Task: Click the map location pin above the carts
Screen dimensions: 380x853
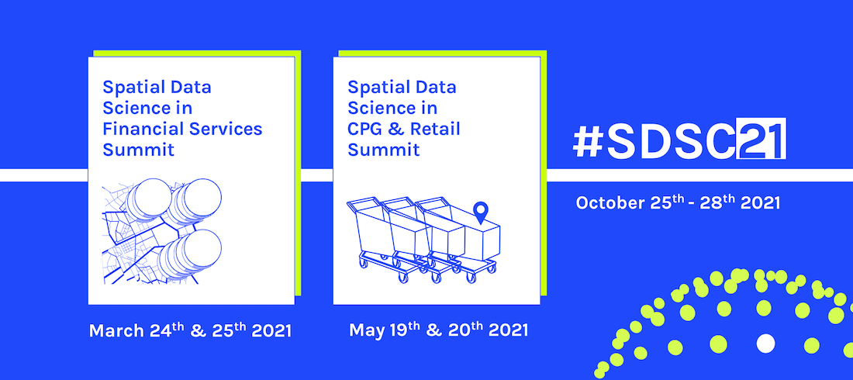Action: pyautogui.click(x=481, y=210)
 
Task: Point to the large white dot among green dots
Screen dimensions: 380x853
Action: pyautogui.click(x=765, y=342)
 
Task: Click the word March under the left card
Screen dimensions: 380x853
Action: pyautogui.click(x=117, y=330)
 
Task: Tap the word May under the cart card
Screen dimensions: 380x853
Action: pyautogui.click(x=366, y=330)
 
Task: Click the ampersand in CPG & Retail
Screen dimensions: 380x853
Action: pyautogui.click(x=395, y=128)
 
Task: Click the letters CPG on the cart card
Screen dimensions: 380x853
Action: pyautogui.click(x=365, y=128)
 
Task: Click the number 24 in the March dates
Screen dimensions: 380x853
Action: pyautogui.click(x=160, y=330)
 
